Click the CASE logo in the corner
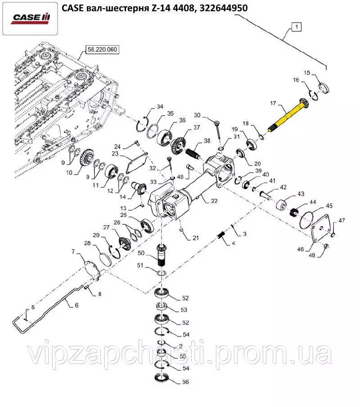[x=31, y=18]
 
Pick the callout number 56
[x=185, y=382]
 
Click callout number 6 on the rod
[x=76, y=305]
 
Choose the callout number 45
[x=329, y=206]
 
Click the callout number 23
[x=115, y=154]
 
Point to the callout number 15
[x=307, y=72]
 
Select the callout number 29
[x=96, y=236]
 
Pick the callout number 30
[x=197, y=115]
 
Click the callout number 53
[x=184, y=310]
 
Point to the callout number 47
[x=342, y=220]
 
